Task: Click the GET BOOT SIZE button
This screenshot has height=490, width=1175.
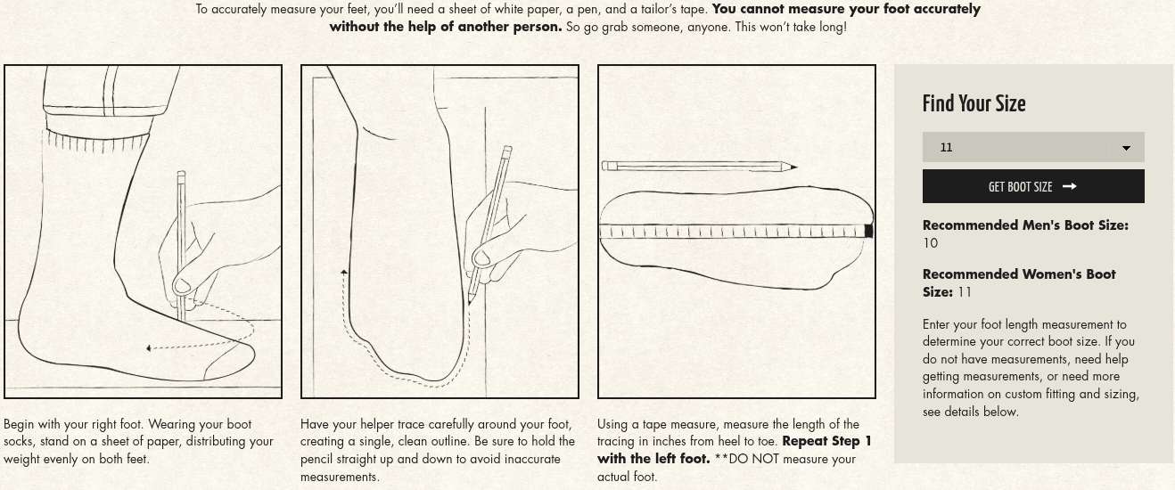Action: [x=1033, y=186]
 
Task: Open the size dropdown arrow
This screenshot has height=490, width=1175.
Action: [x=1126, y=148]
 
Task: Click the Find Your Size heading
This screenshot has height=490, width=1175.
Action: [x=974, y=103]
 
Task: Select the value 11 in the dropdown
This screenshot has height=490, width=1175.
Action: [x=946, y=147]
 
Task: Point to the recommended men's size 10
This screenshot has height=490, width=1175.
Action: [x=930, y=243]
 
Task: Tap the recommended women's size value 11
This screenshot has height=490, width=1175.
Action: [x=965, y=292]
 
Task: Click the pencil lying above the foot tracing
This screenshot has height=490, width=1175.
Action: [x=699, y=167]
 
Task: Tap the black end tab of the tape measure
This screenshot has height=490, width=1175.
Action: [x=868, y=231]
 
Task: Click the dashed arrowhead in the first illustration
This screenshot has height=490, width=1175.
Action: [x=150, y=348]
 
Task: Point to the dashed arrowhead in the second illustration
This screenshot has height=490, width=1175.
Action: [x=343, y=272]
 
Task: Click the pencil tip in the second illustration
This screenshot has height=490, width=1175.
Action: [x=470, y=301]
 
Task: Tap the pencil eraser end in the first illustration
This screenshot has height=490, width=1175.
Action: [x=181, y=174]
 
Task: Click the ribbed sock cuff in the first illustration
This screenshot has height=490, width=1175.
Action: [x=96, y=142]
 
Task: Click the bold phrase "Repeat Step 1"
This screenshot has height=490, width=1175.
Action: [x=826, y=441]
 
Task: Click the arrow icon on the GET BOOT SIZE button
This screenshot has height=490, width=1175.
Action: [x=1069, y=186]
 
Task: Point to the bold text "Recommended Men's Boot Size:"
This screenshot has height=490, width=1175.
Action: [x=1025, y=225]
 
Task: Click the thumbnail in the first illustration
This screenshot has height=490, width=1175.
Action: [x=182, y=286]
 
